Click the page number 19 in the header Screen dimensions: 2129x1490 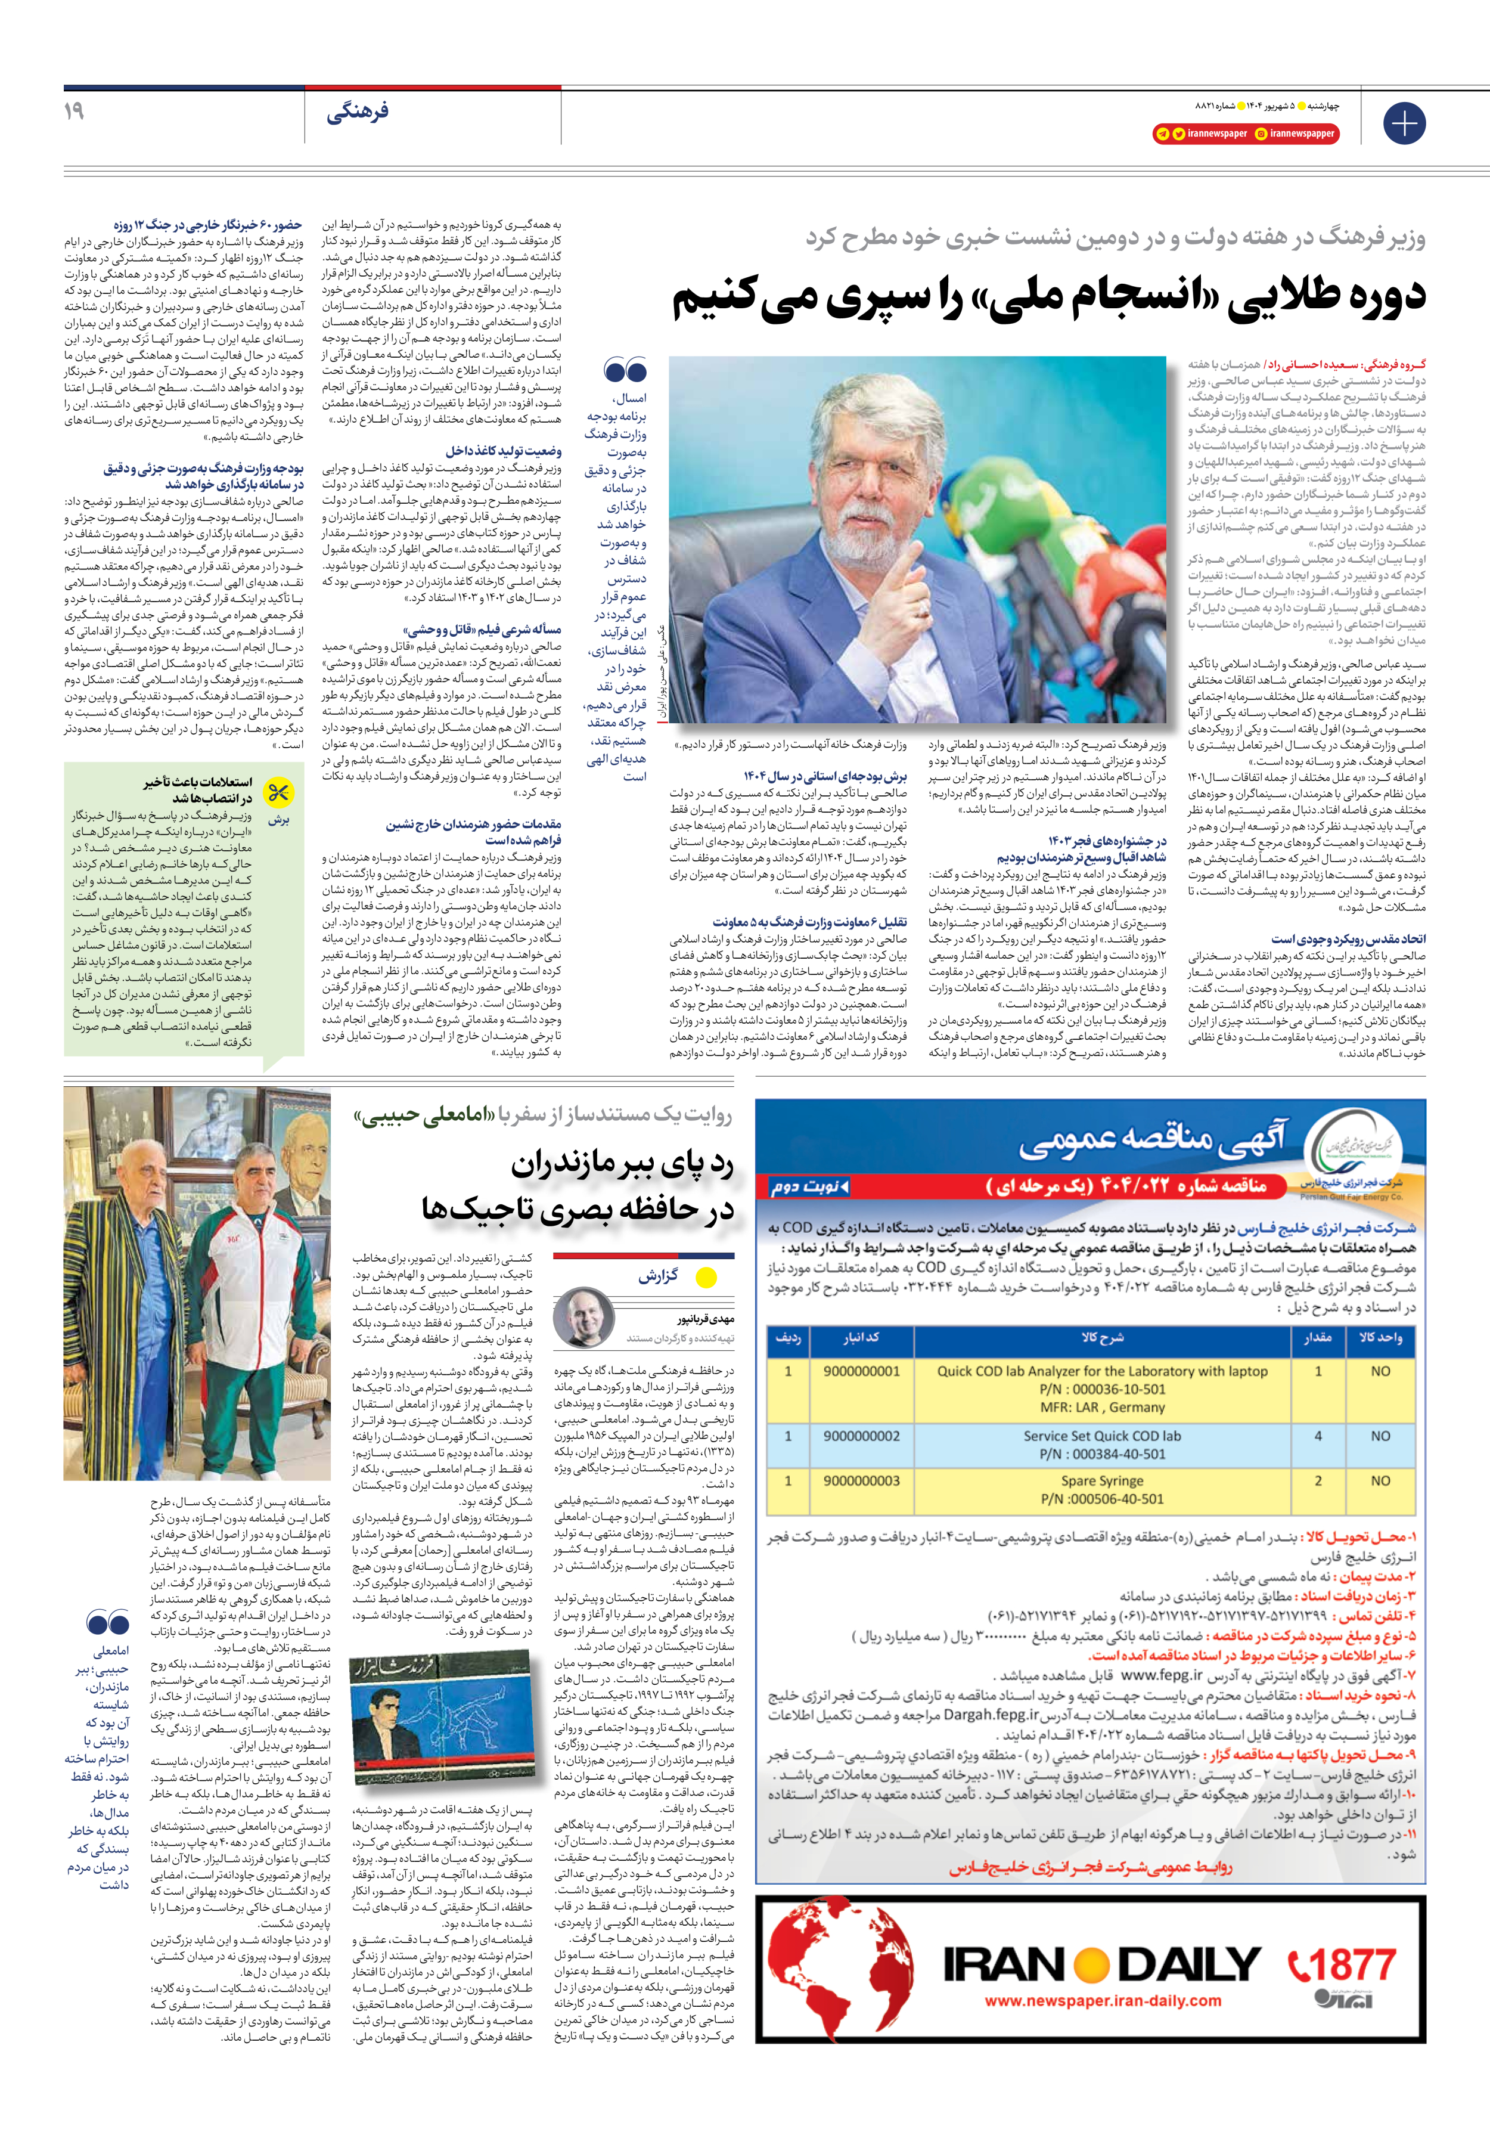point(74,111)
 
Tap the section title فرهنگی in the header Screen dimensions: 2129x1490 point(357,113)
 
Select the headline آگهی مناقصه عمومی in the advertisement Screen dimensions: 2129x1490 point(1153,1143)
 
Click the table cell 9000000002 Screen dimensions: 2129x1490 point(861,1436)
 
